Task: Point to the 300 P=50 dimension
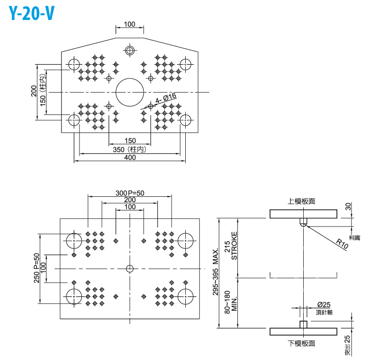tap(130, 193)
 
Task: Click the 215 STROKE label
tap(231, 246)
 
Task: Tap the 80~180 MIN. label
tap(231, 303)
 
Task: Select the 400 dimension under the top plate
tap(130, 158)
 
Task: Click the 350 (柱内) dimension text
tap(130, 150)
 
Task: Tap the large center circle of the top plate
tap(130, 92)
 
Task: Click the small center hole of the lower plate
tap(130, 268)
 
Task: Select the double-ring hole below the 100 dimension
tap(130, 50)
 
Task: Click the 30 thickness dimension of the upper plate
tap(347, 207)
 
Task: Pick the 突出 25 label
tap(348, 345)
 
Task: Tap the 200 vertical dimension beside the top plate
tap(34, 91)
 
